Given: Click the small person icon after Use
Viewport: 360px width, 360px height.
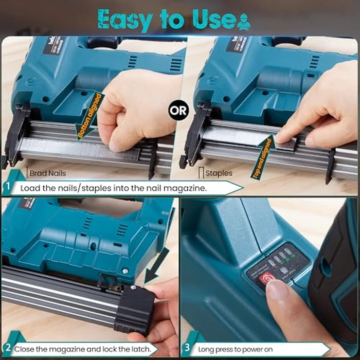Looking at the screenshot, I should pos(243,21).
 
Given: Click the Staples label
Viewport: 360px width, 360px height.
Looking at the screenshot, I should pos(219,174).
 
